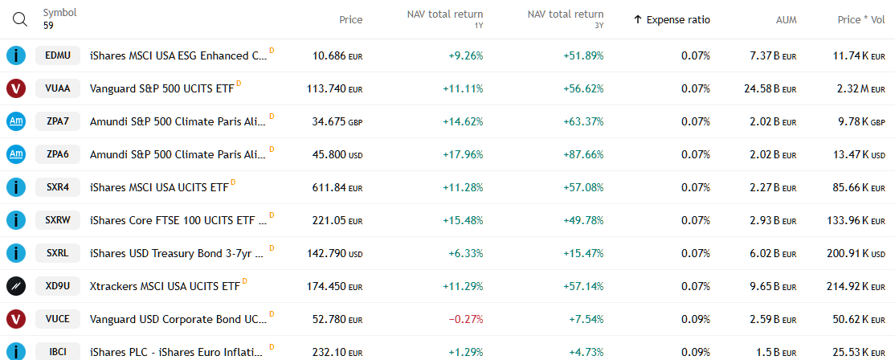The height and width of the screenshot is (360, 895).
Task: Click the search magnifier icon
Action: click(x=20, y=19)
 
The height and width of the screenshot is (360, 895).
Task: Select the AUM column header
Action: click(x=786, y=19)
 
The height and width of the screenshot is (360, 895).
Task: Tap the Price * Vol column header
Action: click(x=860, y=19)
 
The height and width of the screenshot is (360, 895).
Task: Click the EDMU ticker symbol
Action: click(x=58, y=55)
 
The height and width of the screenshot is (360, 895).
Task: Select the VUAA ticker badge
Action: click(x=58, y=88)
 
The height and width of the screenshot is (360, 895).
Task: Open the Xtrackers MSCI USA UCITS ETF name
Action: click(x=165, y=286)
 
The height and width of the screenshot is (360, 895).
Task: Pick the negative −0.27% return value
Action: click(x=465, y=319)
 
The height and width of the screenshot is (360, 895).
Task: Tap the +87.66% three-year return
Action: click(x=583, y=154)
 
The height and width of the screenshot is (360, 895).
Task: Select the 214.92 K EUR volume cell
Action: click(x=859, y=286)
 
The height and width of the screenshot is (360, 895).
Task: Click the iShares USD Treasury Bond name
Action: click(x=177, y=253)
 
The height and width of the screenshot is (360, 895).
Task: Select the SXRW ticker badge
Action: click(x=58, y=220)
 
